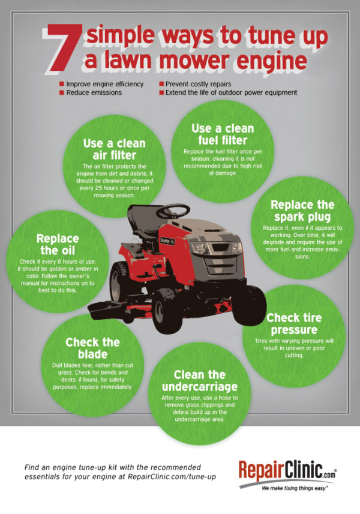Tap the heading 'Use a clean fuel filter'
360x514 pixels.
[223, 136]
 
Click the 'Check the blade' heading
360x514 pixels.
[92, 349]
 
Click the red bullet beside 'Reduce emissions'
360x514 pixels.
[62, 94]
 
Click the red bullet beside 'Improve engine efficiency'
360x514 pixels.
[62, 85]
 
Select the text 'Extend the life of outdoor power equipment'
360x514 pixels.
[231, 94]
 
